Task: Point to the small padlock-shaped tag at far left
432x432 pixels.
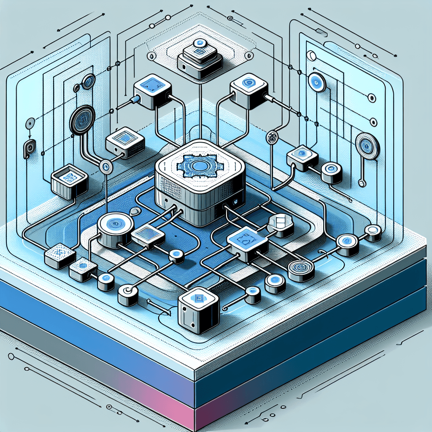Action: (x=29, y=148)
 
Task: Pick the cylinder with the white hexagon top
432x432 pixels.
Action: (x=280, y=224)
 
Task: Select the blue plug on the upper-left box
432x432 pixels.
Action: (x=135, y=100)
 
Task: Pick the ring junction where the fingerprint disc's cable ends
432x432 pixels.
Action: (x=106, y=166)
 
